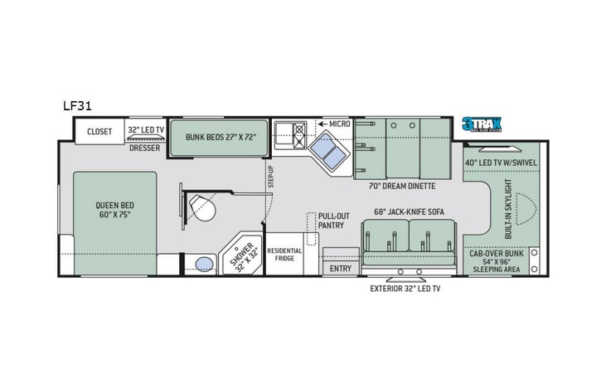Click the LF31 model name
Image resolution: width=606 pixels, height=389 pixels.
76,105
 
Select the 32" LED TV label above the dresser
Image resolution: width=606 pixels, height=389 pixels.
146,131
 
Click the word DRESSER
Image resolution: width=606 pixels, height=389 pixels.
144,148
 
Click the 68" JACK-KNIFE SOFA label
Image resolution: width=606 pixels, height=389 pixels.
409,212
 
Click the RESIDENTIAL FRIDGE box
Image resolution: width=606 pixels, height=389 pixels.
284,254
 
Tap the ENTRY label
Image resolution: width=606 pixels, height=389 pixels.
340,268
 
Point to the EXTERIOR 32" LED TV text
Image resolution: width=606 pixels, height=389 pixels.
405,289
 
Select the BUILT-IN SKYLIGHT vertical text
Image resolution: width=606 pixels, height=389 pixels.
508,208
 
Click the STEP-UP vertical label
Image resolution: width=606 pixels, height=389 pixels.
270,176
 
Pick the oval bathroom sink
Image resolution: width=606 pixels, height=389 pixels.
201,264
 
